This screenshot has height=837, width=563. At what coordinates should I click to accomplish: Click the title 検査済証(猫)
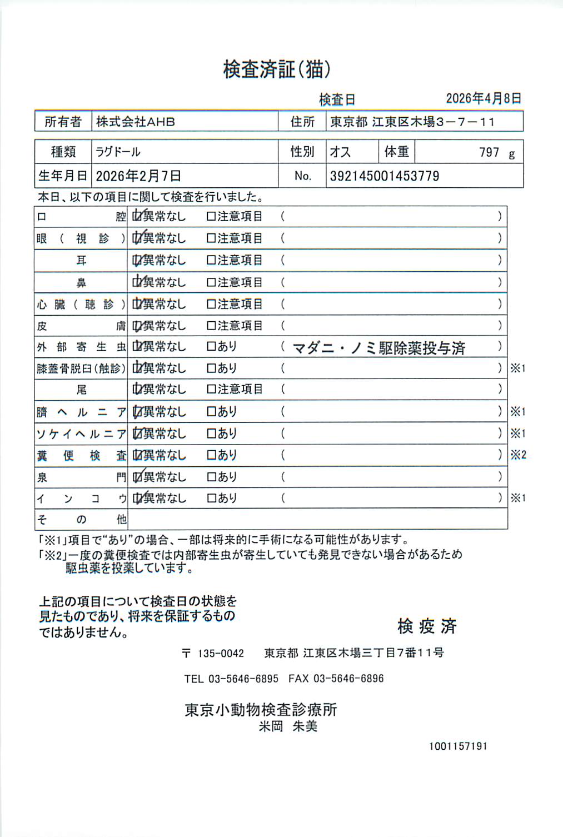click(277, 69)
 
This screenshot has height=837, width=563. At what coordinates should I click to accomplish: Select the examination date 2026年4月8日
click(483, 98)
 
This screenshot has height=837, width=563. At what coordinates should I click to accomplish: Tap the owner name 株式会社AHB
click(136, 122)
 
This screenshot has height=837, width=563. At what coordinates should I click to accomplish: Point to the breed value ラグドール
click(118, 152)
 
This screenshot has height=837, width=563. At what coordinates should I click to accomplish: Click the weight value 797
click(489, 152)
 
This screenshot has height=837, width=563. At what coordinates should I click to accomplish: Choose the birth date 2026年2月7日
click(138, 176)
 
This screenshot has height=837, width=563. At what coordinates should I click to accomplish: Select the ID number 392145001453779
click(385, 176)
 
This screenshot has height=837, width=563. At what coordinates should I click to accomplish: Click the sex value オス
click(340, 152)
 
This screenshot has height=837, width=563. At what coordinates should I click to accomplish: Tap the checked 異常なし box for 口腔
click(137, 216)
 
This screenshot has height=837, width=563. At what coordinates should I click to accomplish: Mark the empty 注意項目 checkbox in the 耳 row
click(211, 260)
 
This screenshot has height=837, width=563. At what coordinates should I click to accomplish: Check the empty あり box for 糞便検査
click(211, 455)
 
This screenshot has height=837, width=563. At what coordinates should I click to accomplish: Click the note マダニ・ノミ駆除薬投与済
click(378, 348)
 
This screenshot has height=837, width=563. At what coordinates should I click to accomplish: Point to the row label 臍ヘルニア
click(81, 412)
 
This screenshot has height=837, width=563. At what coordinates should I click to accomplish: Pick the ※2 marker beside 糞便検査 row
click(518, 455)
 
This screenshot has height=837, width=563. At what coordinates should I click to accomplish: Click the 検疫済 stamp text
click(427, 626)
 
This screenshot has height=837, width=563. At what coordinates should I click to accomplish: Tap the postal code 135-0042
click(221, 654)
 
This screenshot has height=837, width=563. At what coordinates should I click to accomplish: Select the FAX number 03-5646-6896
click(348, 679)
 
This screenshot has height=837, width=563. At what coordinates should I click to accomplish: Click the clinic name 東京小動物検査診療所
click(261, 710)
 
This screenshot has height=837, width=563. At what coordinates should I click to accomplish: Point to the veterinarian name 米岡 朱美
click(288, 726)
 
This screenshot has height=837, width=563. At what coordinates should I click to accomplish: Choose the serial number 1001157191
click(458, 746)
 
